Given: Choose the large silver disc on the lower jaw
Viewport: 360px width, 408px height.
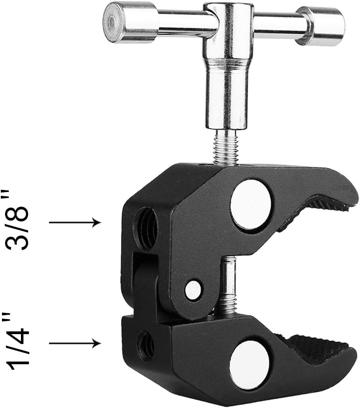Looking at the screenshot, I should [x=251, y=358].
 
